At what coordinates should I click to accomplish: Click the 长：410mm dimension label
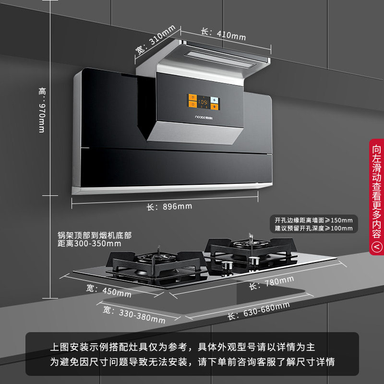tap(223, 34)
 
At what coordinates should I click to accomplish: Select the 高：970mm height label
tap(42, 110)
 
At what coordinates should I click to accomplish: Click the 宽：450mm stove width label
tap(109, 290)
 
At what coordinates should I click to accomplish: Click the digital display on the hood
tap(203, 102)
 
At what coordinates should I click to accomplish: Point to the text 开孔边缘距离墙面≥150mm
tap(313, 220)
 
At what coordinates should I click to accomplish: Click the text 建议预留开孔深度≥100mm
tap(313, 228)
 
